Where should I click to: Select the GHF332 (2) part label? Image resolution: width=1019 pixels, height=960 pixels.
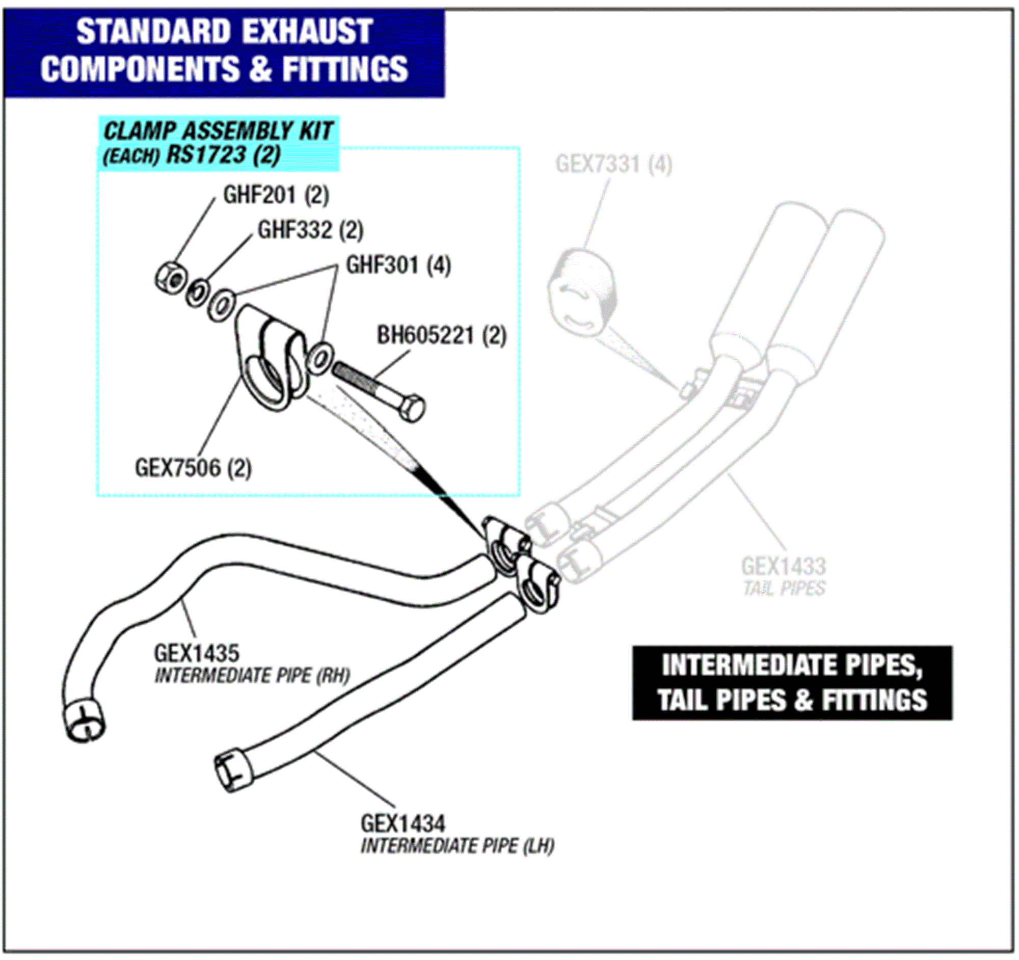[x=310, y=230]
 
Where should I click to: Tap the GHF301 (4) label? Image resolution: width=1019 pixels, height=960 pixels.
[x=398, y=265]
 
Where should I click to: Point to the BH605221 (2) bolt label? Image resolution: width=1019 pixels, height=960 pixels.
[x=441, y=336]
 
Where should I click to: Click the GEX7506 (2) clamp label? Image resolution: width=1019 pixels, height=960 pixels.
[x=193, y=468]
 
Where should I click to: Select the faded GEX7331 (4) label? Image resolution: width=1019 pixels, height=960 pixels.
[x=613, y=165]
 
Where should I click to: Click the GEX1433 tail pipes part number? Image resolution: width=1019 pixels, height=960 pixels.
[x=783, y=567]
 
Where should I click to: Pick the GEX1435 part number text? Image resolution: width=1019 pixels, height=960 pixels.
[x=196, y=653]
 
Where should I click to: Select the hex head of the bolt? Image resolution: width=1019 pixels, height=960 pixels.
[x=413, y=409]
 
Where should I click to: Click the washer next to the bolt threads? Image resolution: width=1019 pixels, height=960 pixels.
[x=320, y=357]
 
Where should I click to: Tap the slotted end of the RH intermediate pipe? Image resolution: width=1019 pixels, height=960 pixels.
[x=85, y=720]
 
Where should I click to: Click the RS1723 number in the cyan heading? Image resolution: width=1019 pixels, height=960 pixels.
[x=205, y=154]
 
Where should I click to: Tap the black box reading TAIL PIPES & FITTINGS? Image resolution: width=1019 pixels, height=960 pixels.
[x=792, y=682]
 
